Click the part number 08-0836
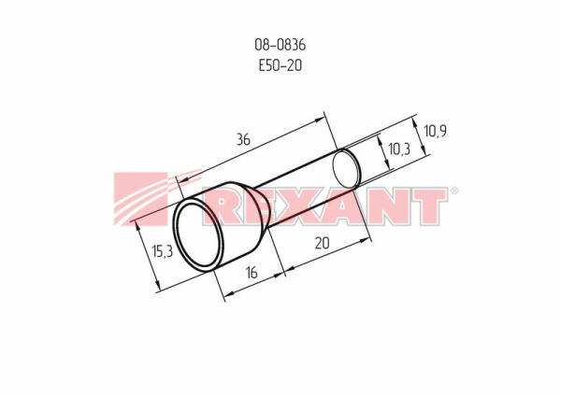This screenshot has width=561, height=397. pyautogui.click(x=280, y=45)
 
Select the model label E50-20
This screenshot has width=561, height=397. pyautogui.click(x=280, y=65)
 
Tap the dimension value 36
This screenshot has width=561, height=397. pyautogui.click(x=243, y=139)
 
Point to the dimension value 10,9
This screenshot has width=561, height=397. pyautogui.click(x=435, y=131)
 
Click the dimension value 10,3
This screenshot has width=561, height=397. pyautogui.click(x=399, y=149)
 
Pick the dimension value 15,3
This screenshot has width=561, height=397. pyautogui.click(x=162, y=251)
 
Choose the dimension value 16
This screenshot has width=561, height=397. pyautogui.click(x=252, y=273)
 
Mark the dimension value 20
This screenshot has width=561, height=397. pyautogui.click(x=322, y=243)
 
